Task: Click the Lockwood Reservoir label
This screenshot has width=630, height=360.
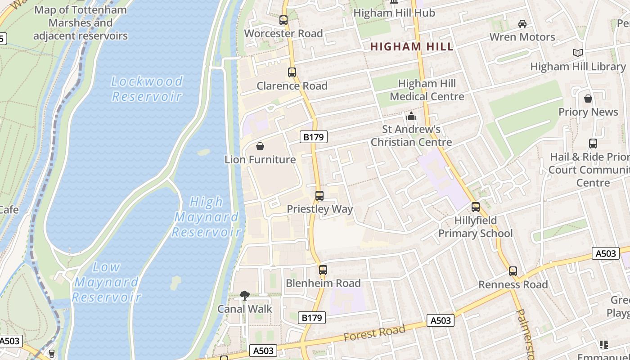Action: (x=147, y=89)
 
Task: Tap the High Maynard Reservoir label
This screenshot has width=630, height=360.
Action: (x=206, y=217)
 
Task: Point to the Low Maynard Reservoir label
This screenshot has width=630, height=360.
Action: (x=107, y=282)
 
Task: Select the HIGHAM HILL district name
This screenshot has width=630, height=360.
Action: (x=412, y=46)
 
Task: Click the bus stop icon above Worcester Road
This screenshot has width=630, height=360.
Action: (x=283, y=20)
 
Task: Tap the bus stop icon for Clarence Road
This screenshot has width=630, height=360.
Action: (x=292, y=72)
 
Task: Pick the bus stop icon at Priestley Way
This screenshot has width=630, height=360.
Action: (x=319, y=196)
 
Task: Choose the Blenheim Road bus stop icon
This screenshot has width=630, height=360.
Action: (x=323, y=270)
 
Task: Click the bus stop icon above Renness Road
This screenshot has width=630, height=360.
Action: (x=513, y=271)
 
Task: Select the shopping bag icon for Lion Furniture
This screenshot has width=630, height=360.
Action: (x=260, y=146)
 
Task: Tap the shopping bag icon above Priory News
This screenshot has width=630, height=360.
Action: (x=588, y=99)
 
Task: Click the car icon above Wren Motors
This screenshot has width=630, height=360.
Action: (x=522, y=24)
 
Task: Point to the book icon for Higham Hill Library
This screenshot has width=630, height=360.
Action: (x=577, y=53)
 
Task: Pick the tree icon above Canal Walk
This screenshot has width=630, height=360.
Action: (x=245, y=296)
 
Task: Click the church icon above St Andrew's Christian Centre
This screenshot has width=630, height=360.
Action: (x=411, y=117)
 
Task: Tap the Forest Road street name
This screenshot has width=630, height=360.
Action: (x=374, y=333)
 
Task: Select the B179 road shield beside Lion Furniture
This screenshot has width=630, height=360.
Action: (x=313, y=137)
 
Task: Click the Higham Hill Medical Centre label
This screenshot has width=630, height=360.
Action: (x=427, y=90)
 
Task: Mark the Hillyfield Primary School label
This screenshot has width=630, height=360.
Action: (x=475, y=227)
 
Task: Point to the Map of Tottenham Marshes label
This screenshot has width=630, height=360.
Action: (x=81, y=22)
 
